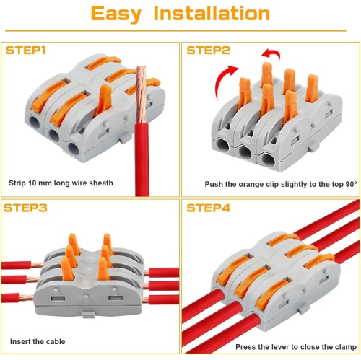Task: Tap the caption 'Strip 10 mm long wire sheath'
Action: (x=61, y=183)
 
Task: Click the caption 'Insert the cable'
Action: (x=37, y=341)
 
